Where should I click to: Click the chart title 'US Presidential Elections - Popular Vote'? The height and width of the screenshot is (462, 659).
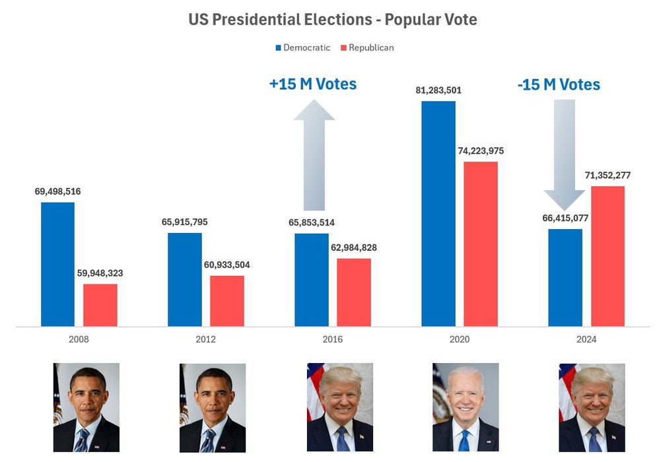point(332,20)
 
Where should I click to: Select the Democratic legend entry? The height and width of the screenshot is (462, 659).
point(302,48)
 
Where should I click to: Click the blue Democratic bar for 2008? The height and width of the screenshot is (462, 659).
point(57,264)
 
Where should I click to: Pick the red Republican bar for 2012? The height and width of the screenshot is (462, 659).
point(227,300)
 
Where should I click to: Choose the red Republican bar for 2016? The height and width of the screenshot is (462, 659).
point(354,292)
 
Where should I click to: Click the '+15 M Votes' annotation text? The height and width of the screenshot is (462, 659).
point(312,84)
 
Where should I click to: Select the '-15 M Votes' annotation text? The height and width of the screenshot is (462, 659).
point(559,84)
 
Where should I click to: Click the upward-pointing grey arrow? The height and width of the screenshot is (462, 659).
point(314,155)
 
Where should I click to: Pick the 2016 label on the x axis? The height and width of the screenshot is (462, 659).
point(332,339)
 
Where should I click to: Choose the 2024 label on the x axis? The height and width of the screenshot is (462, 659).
point(586,339)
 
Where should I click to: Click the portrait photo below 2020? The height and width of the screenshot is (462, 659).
point(466,407)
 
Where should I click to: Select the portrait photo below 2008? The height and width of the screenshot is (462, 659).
point(86,407)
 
